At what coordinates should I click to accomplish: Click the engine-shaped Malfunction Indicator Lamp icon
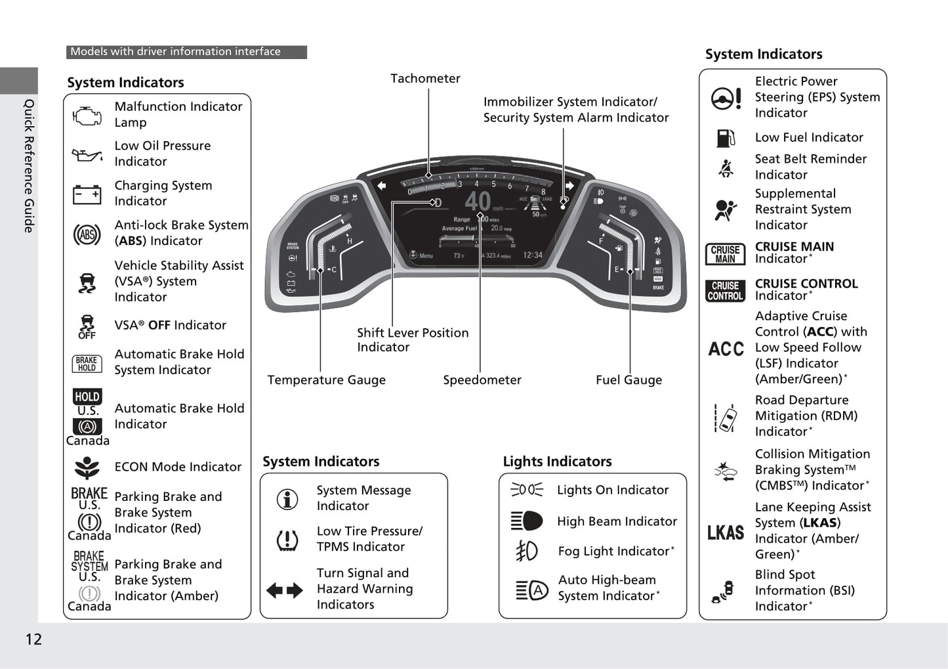click(x=87, y=116)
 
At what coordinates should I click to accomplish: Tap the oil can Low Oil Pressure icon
click(x=87, y=156)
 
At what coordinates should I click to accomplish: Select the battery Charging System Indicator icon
click(x=87, y=194)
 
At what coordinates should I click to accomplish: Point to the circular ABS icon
click(x=87, y=234)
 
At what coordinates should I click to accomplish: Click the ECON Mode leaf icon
click(x=87, y=467)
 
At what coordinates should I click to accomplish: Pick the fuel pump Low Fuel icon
click(x=726, y=138)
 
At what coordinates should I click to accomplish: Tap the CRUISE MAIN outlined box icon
click(x=725, y=254)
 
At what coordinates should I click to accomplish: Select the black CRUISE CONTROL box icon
click(x=725, y=291)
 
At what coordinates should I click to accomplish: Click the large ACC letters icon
click(x=726, y=349)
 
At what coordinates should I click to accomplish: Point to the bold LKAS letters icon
click(x=726, y=532)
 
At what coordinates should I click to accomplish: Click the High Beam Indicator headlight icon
click(x=527, y=521)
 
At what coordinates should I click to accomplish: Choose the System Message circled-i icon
click(x=287, y=499)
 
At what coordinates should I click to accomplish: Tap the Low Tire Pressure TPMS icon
click(x=287, y=540)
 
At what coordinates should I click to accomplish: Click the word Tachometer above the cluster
click(x=425, y=79)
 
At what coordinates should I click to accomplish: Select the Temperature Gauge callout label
click(x=326, y=380)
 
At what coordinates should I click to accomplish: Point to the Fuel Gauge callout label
click(x=629, y=380)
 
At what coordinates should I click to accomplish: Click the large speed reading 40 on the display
click(x=478, y=201)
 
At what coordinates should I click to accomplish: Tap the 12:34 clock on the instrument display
click(x=533, y=255)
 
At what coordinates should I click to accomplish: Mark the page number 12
click(x=33, y=639)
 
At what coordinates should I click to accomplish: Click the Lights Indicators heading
click(x=557, y=462)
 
